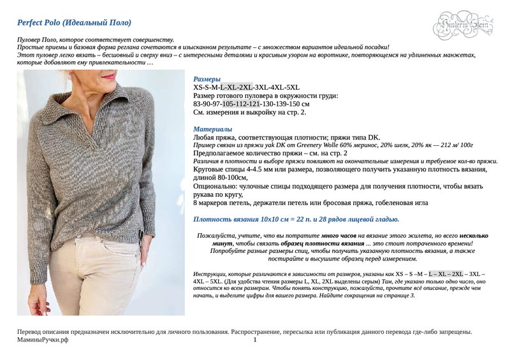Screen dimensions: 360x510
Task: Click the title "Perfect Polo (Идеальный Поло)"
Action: [74, 23]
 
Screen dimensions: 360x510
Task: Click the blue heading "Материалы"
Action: [212, 129]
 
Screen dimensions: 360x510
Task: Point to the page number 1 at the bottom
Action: [255, 340]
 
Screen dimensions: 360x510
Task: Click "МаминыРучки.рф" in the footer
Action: [43, 340]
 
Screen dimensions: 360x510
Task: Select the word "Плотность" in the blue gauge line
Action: [213, 219]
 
